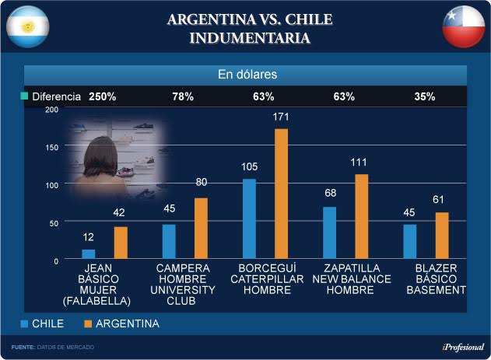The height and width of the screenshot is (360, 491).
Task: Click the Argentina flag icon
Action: [29, 27]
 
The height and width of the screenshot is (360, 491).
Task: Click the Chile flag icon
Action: [464, 27]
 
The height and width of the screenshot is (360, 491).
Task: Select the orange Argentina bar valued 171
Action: [281, 194]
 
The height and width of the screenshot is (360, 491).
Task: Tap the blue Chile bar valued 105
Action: [249, 219]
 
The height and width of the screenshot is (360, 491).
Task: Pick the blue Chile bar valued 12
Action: [89, 254]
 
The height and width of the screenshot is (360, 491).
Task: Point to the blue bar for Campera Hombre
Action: [169, 242]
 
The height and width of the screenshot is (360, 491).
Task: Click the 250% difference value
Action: [102, 97]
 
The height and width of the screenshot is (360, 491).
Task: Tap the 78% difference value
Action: [183, 97]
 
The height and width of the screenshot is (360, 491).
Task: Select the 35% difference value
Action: [425, 97]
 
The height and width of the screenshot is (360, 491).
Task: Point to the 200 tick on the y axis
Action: [52, 110]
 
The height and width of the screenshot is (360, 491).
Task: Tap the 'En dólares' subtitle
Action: [246, 75]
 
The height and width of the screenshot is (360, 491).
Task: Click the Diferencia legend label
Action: [56, 97]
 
